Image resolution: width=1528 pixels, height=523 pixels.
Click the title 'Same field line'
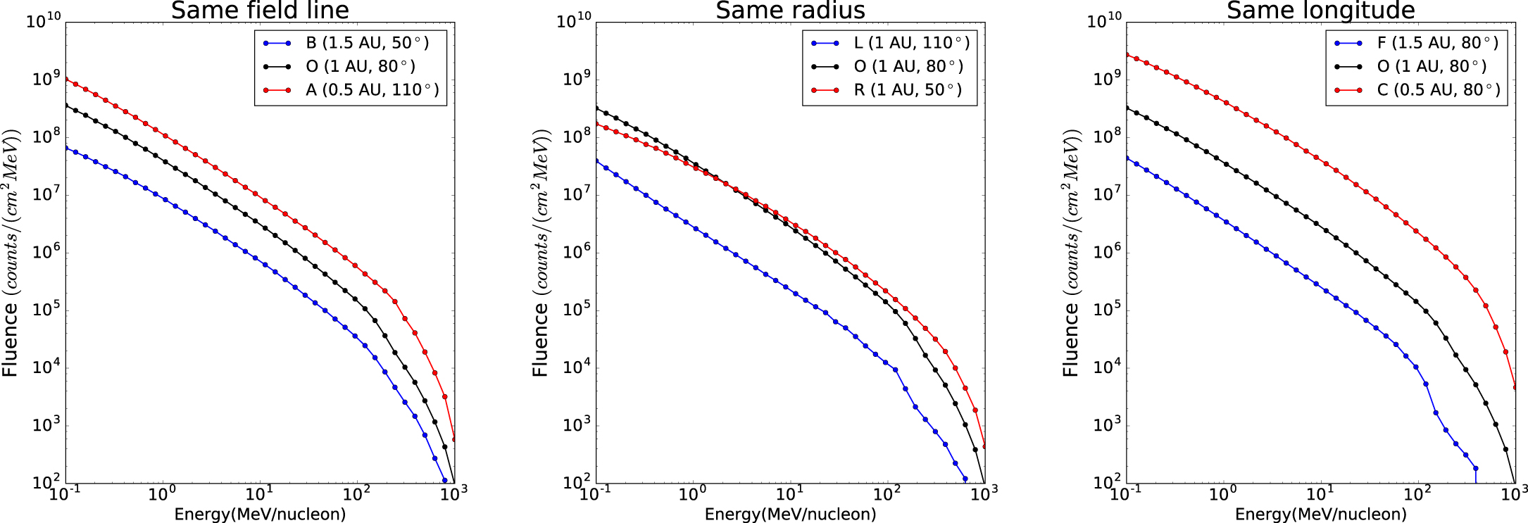260,11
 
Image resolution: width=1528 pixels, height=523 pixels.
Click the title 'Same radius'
790,11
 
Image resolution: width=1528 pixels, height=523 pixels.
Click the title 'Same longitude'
1320,11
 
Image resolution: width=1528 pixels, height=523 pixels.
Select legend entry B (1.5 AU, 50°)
367,43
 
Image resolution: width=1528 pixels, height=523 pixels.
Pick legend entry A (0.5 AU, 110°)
372,90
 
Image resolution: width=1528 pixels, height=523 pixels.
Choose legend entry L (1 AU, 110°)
911,43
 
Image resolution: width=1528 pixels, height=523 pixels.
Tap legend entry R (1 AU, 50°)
908,90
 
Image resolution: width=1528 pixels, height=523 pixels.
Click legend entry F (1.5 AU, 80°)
1437,43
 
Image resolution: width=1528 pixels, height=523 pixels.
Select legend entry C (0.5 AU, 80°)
1439,90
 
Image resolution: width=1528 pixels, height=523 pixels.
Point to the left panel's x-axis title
260,514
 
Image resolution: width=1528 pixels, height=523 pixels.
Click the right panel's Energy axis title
1320,514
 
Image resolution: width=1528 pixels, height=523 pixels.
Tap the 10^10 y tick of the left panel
44,21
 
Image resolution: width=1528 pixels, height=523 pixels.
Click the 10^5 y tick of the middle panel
575,310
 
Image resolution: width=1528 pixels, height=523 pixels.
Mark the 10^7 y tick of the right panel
1106,194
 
